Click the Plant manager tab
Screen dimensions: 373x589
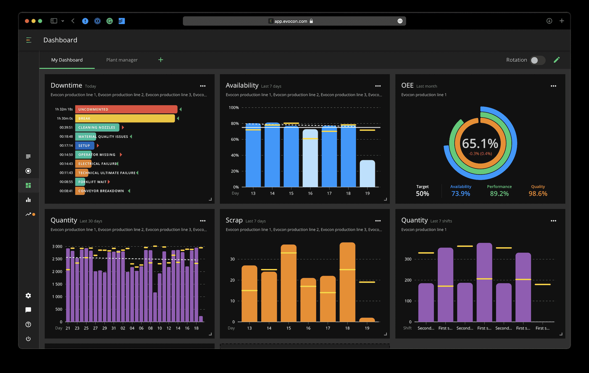[x=122, y=60]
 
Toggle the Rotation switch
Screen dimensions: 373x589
[x=537, y=60]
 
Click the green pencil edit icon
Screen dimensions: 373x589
[x=556, y=60]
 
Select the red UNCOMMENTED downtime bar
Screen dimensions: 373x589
[x=126, y=109]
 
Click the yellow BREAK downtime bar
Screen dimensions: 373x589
[x=125, y=118]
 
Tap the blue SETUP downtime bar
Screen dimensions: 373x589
[x=85, y=145]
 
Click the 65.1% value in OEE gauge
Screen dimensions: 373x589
[x=480, y=144]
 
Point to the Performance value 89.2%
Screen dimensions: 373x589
[x=499, y=194]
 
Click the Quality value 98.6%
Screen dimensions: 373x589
[x=538, y=194]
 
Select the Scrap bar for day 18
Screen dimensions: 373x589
[x=347, y=282]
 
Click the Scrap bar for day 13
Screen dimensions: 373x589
[x=249, y=294]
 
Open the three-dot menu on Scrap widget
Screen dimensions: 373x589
[x=378, y=221]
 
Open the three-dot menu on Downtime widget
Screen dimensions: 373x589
[x=203, y=86]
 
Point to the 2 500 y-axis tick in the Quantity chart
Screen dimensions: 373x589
[x=57, y=259]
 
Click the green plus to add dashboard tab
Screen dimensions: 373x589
[x=161, y=60]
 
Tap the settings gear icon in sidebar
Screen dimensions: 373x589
[x=28, y=296]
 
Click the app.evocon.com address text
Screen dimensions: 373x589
[x=291, y=21]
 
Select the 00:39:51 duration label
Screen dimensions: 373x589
[x=66, y=128]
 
